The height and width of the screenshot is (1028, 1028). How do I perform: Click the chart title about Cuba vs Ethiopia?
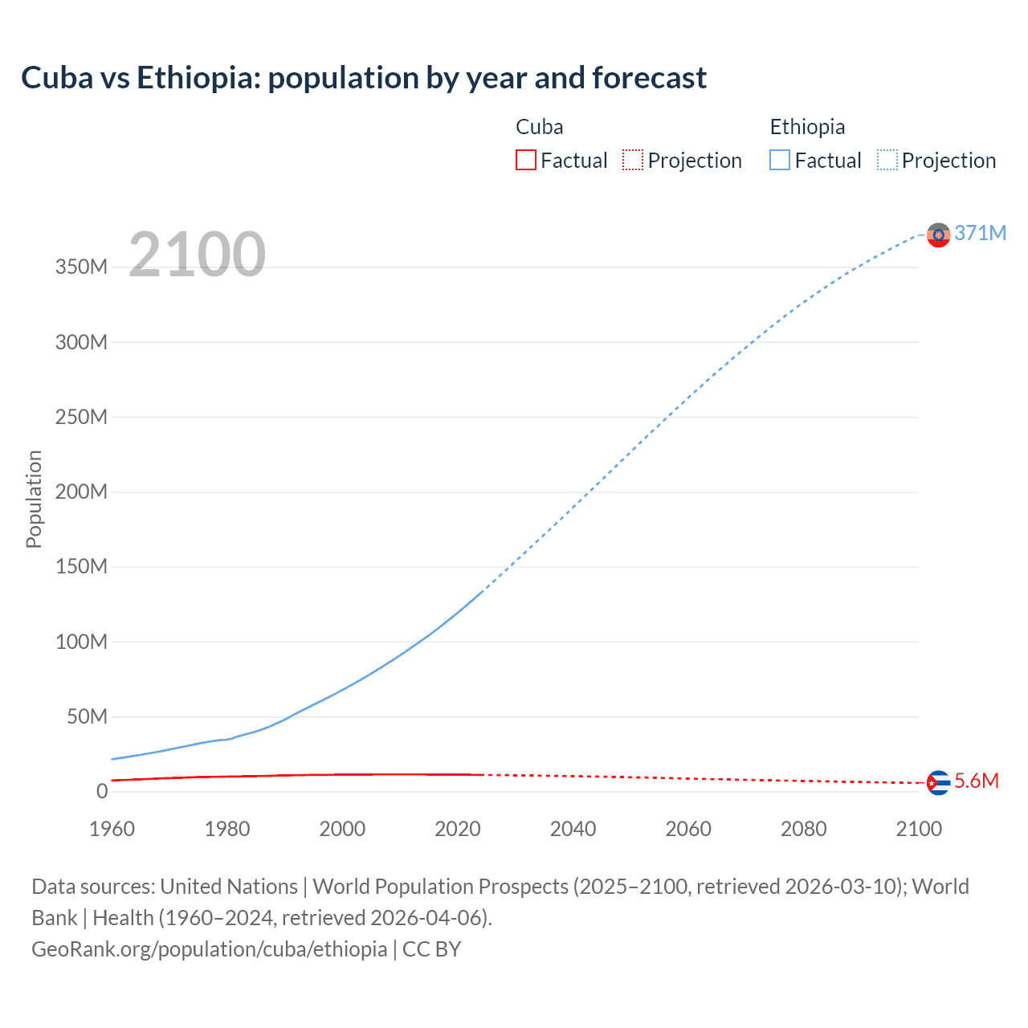tap(364, 78)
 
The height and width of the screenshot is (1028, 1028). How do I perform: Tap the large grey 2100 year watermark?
tap(197, 255)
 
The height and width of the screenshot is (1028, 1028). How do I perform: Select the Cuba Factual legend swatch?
tap(525, 161)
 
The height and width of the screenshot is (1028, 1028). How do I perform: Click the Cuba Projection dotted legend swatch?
tap(633, 161)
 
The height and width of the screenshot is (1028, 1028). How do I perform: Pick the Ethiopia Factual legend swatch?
tap(780, 161)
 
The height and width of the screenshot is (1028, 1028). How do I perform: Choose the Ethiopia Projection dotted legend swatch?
tap(887, 161)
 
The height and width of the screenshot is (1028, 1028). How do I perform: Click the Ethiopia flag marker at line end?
tap(938, 235)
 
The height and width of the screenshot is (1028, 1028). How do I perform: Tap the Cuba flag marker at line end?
tap(938, 782)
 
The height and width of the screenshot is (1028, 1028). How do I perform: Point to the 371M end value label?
tap(980, 233)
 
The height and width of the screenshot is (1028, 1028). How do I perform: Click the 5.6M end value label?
tap(977, 781)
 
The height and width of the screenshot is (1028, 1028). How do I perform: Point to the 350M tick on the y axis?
tap(81, 267)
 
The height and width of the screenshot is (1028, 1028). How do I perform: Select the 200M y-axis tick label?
tap(81, 492)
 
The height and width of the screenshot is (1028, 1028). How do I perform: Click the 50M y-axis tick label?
tap(87, 716)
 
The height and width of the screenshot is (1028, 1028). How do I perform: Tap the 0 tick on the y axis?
tap(102, 791)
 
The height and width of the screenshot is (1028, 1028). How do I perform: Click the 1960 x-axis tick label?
tap(112, 829)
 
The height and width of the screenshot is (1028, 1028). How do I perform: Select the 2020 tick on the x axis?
tap(458, 829)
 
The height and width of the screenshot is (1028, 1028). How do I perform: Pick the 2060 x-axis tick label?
tap(688, 829)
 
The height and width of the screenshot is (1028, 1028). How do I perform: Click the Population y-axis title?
tap(34, 499)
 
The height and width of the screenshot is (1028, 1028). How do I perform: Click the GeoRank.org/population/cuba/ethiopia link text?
tap(210, 949)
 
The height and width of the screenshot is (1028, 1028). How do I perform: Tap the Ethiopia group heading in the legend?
tap(807, 127)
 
